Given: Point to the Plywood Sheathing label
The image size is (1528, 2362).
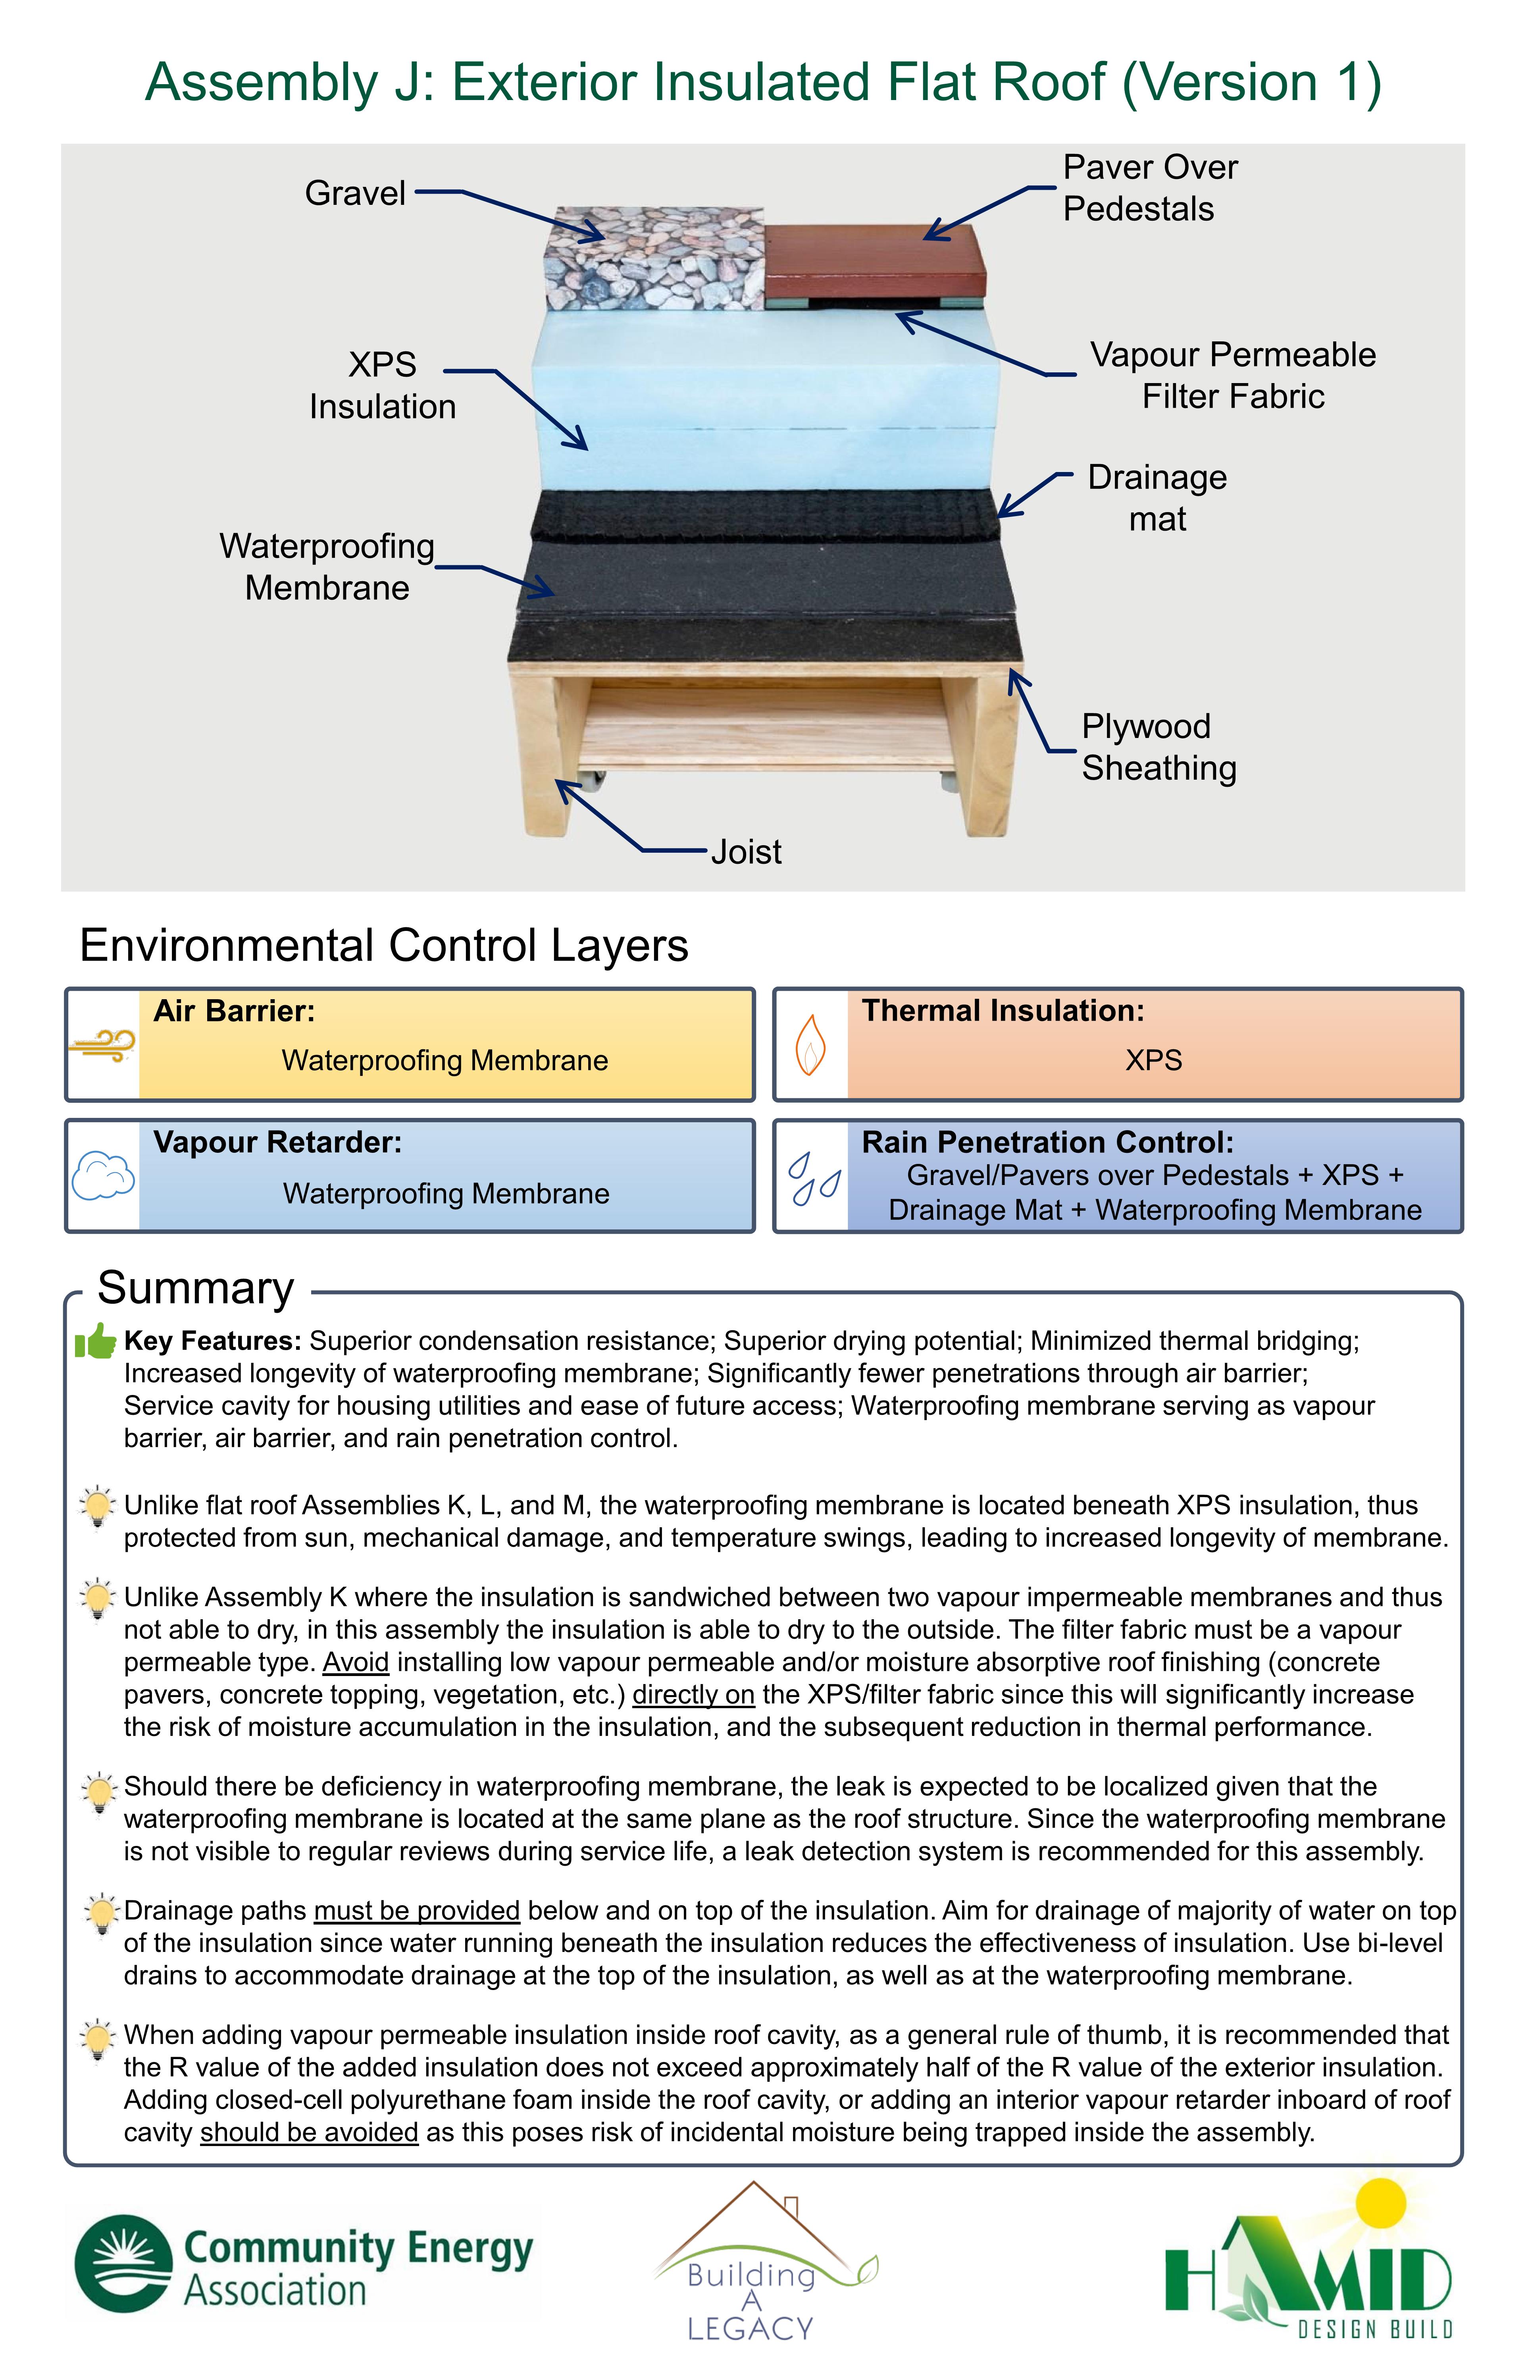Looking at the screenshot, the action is click(1159, 746).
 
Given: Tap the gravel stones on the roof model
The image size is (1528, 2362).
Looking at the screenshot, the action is click(655, 258).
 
